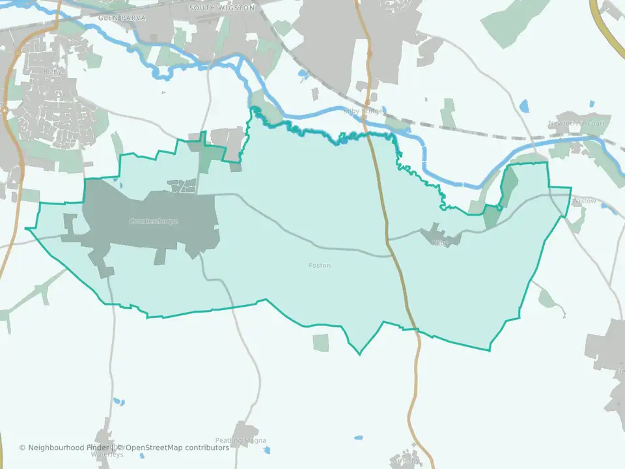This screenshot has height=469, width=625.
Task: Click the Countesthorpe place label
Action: [153, 221]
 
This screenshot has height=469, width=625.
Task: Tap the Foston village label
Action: [320, 266]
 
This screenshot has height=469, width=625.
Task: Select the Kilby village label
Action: [441, 242]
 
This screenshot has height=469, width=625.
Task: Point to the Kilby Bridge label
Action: [363, 111]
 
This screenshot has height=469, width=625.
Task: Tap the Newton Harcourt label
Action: [576, 123]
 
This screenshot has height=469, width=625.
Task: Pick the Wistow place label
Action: [584, 201]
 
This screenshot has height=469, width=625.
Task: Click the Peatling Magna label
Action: [241, 441]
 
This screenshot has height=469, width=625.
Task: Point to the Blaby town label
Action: [52, 72]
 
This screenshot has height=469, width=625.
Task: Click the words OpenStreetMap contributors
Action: [177, 448]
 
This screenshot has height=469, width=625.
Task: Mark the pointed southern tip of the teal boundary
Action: [359, 354]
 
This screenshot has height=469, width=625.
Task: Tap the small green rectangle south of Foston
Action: [321, 343]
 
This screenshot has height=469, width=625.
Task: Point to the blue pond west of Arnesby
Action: [359, 437]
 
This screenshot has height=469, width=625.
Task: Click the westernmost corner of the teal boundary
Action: [26, 229]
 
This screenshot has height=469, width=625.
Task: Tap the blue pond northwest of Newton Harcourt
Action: [525, 106]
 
